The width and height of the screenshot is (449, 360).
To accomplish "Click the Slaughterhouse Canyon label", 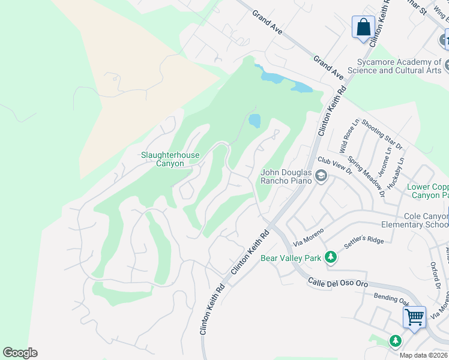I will (x=170, y=159).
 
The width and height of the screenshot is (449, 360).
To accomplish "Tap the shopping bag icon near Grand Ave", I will (x=363, y=28).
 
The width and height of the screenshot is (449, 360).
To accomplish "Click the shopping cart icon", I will (x=414, y=316).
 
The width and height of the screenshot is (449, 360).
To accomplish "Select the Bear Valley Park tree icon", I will (x=330, y=257).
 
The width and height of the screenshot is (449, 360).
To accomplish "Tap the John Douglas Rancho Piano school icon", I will (x=321, y=176).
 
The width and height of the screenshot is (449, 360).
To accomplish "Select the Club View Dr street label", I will (x=334, y=166).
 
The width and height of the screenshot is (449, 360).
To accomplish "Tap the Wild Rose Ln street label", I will (x=348, y=136).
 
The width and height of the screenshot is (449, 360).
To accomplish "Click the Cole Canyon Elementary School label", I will (x=415, y=220).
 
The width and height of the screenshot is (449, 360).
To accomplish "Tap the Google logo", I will (x=20, y=353).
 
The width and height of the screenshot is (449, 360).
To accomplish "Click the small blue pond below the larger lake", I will (x=255, y=121).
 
